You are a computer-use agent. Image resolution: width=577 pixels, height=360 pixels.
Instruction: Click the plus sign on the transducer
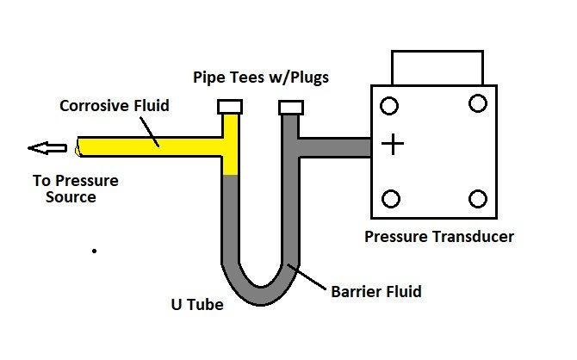click(x=393, y=145)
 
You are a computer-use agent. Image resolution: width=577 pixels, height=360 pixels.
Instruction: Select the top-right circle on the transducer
click(x=477, y=104)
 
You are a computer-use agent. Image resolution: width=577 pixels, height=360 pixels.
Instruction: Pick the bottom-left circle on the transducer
click(x=390, y=199)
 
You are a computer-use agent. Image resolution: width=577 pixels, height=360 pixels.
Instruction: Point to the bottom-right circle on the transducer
click(x=478, y=199)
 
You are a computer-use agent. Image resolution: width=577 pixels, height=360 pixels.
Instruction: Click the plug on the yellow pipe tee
click(x=229, y=108)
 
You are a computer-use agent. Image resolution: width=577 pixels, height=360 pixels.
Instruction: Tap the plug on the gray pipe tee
click(x=289, y=108)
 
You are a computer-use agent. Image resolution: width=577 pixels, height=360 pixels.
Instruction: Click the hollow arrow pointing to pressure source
click(x=47, y=148)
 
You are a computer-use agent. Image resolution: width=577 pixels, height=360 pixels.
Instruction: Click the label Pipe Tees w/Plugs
click(x=261, y=78)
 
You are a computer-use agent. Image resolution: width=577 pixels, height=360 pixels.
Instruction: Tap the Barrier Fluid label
click(x=376, y=292)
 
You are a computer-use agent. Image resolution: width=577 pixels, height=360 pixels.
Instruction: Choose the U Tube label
click(x=196, y=304)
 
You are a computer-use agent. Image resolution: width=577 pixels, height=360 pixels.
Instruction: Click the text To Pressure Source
click(x=76, y=189)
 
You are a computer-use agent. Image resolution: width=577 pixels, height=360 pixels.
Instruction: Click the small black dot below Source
click(x=94, y=251)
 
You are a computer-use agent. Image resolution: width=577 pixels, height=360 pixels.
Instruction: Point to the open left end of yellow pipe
click(x=78, y=147)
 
